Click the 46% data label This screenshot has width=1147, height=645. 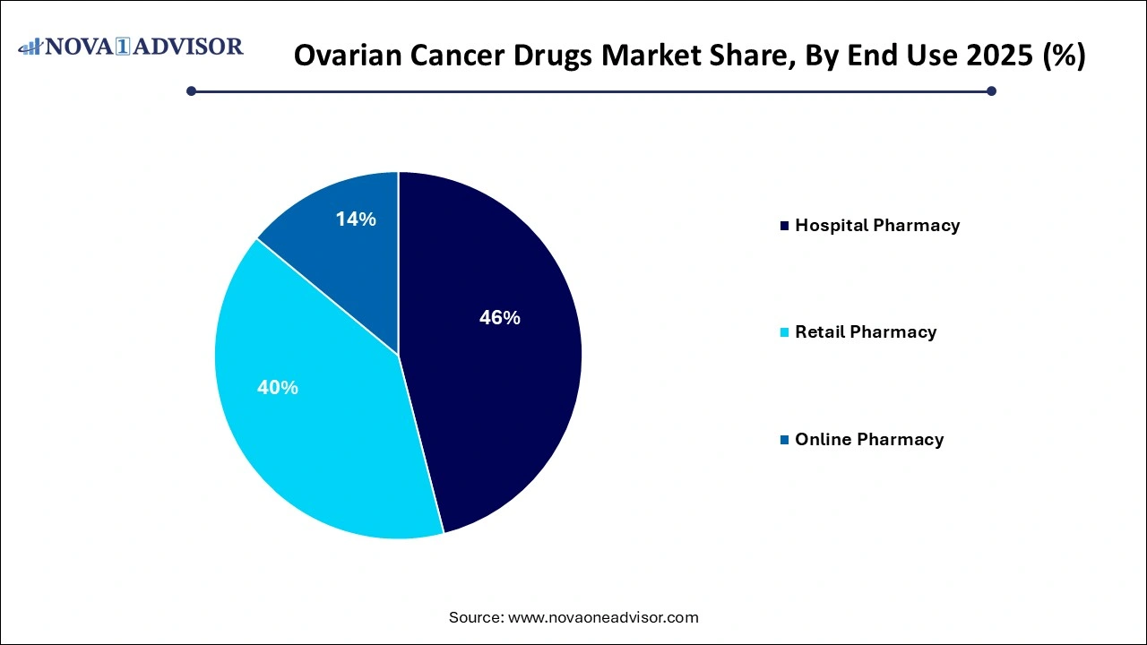tap(499, 317)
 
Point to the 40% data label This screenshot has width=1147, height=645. tap(278, 388)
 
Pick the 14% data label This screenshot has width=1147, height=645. tap(356, 219)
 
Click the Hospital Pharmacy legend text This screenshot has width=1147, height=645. tap(876, 226)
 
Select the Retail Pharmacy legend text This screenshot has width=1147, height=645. tap(865, 332)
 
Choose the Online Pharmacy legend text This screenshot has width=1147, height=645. tap(868, 440)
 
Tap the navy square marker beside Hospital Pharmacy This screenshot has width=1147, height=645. tap(786, 226)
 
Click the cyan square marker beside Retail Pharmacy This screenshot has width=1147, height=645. tap(786, 332)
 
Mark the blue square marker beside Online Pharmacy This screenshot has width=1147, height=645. tap(786, 440)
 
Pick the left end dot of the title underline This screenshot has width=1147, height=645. tap(191, 90)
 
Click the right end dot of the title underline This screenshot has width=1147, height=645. tap(991, 90)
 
